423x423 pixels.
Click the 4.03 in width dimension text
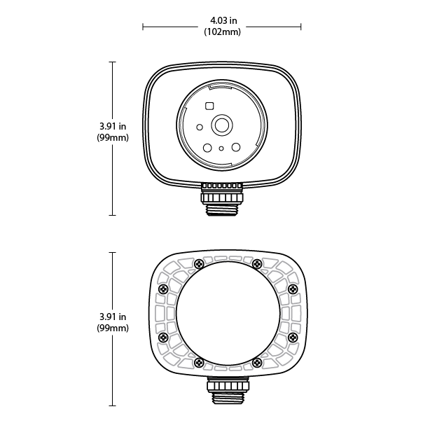[x=223, y=20]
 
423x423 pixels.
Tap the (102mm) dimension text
[x=222, y=32]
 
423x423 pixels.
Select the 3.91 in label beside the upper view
[x=113, y=126]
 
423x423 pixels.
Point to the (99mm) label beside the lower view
[x=113, y=328]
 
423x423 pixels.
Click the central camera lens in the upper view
[x=222, y=125]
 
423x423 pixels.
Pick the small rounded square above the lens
[x=209, y=106]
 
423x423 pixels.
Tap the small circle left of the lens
[x=200, y=127]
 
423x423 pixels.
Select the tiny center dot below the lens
[x=221, y=148]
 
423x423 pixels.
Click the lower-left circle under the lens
[x=207, y=148]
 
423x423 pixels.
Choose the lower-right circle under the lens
[x=236, y=147]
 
